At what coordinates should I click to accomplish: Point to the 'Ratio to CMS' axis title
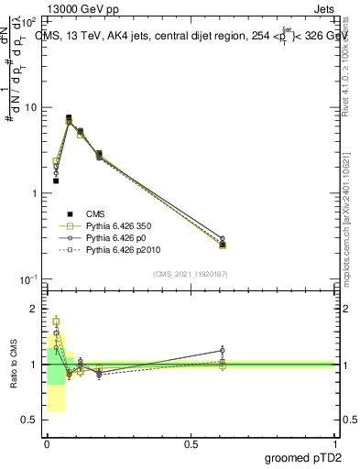pos(13,365)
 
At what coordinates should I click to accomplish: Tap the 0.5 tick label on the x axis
pos(191,444)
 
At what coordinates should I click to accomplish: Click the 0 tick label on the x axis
pos(47,444)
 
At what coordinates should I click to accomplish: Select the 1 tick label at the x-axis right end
pos(334,444)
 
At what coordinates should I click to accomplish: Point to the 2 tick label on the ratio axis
pos(35,310)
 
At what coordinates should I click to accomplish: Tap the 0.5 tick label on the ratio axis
pos(30,420)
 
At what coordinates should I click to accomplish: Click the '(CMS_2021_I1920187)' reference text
pos(190,273)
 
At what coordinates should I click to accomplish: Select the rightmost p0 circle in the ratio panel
pos(223,350)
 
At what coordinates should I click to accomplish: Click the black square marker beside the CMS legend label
pos(69,212)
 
